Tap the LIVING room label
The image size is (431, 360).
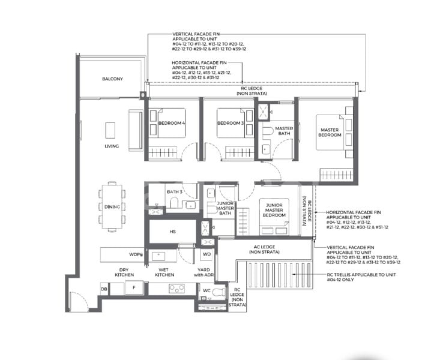(111, 146)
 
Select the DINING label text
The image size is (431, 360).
(112, 207)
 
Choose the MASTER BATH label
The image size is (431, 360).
(283, 132)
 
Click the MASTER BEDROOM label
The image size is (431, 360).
(330, 132)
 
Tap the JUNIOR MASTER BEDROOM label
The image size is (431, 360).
(274, 211)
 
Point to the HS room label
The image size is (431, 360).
(172, 231)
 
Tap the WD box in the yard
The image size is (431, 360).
(205, 255)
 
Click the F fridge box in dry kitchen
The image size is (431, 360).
(133, 289)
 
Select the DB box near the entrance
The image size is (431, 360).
(104, 289)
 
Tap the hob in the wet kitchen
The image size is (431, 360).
(176, 289)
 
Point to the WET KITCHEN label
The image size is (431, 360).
(164, 272)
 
